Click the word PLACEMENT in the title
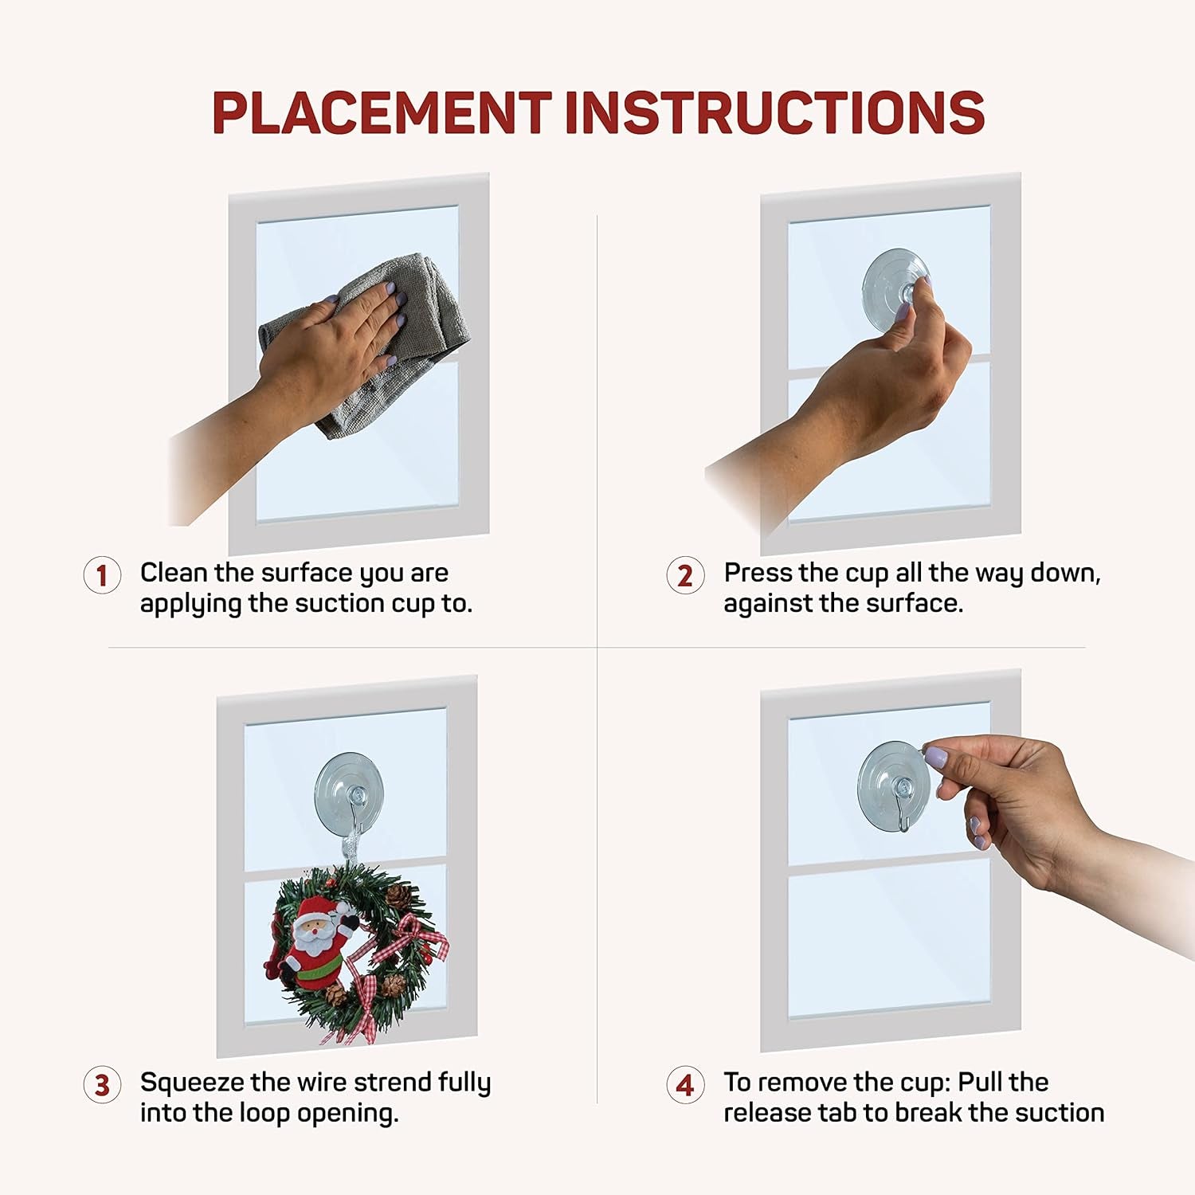[x=382, y=112]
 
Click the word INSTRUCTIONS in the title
[x=774, y=112]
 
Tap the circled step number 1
[x=102, y=575]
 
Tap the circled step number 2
[x=685, y=575]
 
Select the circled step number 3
[x=102, y=1085]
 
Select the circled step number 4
[x=685, y=1085]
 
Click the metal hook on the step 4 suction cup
[x=903, y=809]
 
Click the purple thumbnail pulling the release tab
[x=935, y=757]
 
